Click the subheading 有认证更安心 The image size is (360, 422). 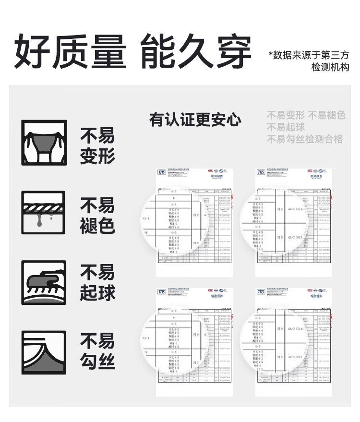(195, 120)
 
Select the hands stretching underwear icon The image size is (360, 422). (44, 143)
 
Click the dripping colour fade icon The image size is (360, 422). (44, 213)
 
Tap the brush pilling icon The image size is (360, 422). (44, 283)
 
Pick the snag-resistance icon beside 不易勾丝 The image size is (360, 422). (44, 352)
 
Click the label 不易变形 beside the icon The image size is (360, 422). (97, 146)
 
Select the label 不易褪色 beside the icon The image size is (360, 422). (97, 216)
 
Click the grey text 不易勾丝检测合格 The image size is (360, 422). (305, 139)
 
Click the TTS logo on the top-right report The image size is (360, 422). (261, 172)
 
